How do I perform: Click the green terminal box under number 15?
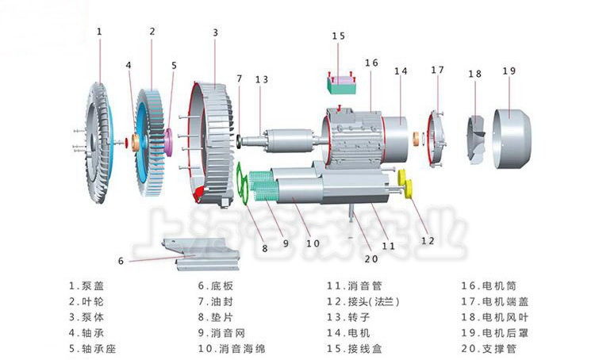[341, 85]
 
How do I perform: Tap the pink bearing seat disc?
[168, 142]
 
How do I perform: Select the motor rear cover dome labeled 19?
[512, 139]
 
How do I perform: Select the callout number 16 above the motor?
[371, 63]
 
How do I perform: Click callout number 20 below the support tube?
[371, 259]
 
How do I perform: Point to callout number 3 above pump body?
[215, 33]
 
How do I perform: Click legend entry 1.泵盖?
[86, 286]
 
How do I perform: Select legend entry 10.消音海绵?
[232, 349]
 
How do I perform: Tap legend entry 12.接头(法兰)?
[363, 302]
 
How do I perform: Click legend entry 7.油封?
[216, 302]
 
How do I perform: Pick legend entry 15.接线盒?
[355, 349]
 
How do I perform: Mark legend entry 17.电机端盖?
[494, 302]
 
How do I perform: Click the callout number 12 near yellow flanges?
[428, 241]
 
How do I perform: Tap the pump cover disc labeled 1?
[98, 143]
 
